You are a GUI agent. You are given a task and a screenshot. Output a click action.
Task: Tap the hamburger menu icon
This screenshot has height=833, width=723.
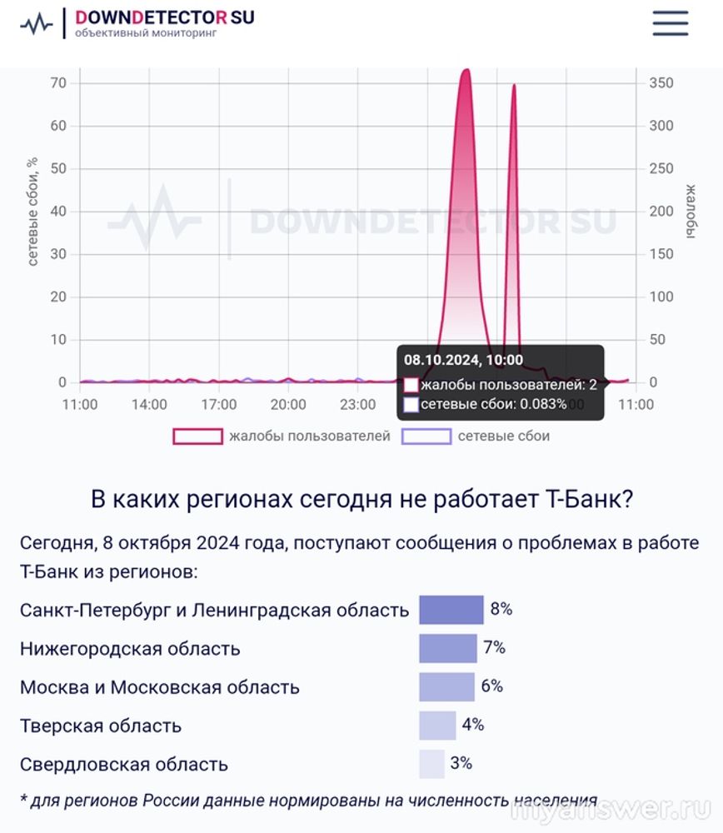[x=670, y=23]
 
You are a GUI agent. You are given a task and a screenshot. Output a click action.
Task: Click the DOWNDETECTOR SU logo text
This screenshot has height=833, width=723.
[x=164, y=17]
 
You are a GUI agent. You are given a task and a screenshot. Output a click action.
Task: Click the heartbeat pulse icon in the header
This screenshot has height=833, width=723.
[x=36, y=24]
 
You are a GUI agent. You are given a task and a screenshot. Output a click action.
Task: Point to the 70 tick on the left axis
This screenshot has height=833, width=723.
[x=57, y=83]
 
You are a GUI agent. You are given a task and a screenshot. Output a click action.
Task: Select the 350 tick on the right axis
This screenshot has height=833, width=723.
[x=661, y=83]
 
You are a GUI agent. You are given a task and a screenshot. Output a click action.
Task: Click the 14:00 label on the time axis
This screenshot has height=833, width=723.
[x=149, y=405]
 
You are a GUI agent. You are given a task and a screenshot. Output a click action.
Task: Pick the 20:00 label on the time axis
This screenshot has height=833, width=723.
[x=288, y=405]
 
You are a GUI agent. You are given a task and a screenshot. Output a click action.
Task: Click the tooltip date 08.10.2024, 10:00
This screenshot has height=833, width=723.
[x=463, y=360]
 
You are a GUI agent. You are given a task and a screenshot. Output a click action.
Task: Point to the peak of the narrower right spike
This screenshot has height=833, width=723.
[x=514, y=86]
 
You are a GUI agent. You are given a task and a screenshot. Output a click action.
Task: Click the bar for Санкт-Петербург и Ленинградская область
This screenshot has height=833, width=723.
[x=451, y=610]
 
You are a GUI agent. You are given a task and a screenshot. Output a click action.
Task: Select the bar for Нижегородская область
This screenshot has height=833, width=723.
[x=447, y=648]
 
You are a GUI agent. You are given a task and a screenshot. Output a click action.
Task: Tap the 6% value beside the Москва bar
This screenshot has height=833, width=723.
[x=492, y=686]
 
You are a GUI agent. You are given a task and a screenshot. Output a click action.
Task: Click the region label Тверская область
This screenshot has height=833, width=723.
[x=101, y=726]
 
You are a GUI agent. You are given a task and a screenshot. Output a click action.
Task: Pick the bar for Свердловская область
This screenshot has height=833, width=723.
[x=431, y=764]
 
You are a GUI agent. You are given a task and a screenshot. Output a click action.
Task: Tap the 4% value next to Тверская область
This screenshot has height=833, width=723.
[x=473, y=725]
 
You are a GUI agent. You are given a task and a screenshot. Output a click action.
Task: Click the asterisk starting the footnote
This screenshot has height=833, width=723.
[x=23, y=800]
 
